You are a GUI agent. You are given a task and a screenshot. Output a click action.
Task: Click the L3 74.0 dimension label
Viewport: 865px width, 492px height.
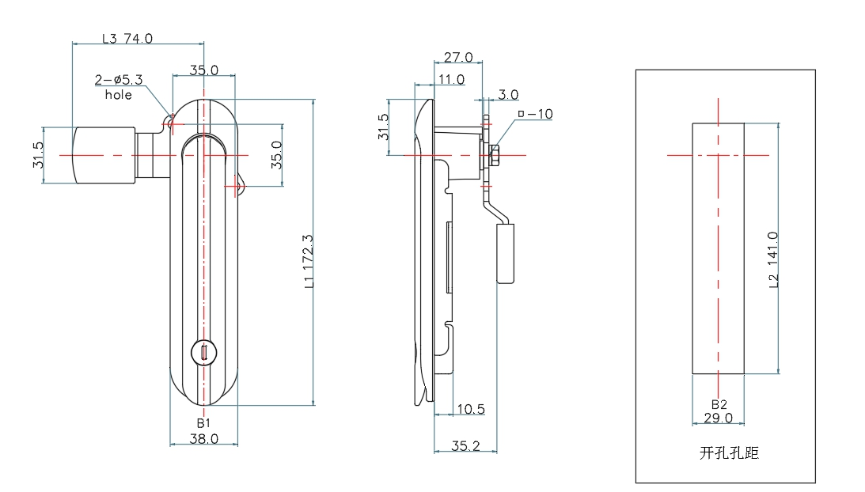pyautogui.click(x=127, y=37)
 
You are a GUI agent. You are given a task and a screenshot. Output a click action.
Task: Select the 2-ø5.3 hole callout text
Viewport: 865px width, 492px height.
pyautogui.click(x=118, y=80)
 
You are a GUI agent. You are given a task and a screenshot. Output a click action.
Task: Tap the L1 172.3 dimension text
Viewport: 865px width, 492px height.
pyautogui.click(x=309, y=261)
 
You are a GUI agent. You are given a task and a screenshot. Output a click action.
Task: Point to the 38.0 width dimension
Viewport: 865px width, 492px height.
pyautogui.click(x=203, y=438)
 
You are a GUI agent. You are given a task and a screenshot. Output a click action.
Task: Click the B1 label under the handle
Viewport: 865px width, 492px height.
pyautogui.click(x=203, y=423)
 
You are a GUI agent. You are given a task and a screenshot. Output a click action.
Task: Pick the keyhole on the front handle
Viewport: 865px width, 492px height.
pyautogui.click(x=204, y=354)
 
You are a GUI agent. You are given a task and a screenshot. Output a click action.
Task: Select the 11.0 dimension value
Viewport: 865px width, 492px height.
pyautogui.click(x=451, y=79)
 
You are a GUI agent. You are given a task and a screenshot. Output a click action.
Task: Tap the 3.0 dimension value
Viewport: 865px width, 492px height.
pyautogui.click(x=508, y=95)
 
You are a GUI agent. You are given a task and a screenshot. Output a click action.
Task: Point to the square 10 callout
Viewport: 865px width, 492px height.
pyautogui.click(x=534, y=114)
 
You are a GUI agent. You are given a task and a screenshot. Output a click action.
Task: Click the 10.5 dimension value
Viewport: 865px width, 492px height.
pyautogui.click(x=470, y=409)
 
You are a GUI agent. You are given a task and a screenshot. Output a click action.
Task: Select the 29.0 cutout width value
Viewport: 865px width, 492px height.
pyautogui.click(x=718, y=418)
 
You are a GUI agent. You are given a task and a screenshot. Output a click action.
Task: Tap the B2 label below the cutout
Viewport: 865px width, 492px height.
pyautogui.click(x=718, y=404)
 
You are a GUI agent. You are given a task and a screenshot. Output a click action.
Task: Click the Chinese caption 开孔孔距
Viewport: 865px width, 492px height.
pyautogui.click(x=729, y=453)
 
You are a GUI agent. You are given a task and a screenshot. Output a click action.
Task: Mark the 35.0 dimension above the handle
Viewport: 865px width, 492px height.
pyautogui.click(x=203, y=70)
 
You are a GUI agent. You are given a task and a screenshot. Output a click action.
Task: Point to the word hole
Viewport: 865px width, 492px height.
pyautogui.click(x=118, y=95)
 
